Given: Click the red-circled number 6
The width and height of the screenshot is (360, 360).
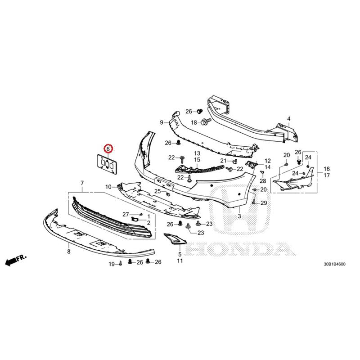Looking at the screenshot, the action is [108, 149].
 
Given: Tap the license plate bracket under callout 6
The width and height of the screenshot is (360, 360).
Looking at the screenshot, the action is [107, 164].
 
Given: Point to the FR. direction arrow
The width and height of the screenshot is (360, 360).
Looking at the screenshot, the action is [16, 260].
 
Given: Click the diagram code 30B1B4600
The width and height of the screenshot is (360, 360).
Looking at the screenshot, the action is [334, 264].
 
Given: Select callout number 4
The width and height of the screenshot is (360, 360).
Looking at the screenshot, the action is [289, 119].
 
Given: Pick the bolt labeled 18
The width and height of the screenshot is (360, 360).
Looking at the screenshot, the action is [206, 121].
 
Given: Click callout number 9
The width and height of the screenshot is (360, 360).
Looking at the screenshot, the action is [162, 122].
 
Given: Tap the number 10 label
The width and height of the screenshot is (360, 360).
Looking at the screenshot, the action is [108, 187].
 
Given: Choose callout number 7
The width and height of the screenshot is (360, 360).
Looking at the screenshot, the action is [82, 183].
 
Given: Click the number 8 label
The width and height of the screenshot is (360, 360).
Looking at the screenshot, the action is [69, 252].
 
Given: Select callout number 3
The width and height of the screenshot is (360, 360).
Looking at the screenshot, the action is [239, 216].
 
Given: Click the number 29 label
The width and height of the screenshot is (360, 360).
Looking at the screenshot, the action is [264, 203].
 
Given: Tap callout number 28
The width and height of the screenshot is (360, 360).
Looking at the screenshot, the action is [263, 181].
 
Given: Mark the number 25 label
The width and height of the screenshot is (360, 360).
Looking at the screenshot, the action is [157, 191].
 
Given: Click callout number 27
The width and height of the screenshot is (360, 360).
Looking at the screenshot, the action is [126, 215].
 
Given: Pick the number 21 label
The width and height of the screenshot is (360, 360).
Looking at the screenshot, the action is [223, 161].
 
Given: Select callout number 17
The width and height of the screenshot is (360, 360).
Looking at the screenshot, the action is [327, 175].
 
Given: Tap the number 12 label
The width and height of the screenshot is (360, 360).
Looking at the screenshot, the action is [268, 161].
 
